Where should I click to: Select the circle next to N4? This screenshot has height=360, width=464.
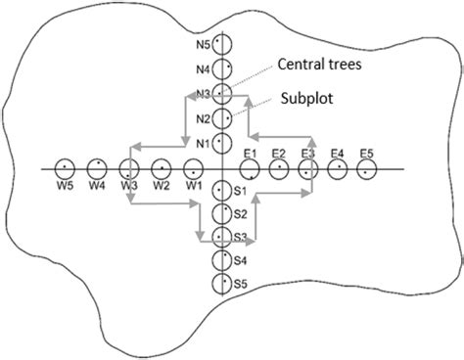click(x=222, y=69)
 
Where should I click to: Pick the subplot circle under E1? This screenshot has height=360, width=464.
click(x=249, y=170)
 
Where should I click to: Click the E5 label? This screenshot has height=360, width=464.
click(x=367, y=154)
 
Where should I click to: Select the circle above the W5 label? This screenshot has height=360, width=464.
click(x=66, y=169)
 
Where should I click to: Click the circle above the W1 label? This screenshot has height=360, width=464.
click(x=194, y=169)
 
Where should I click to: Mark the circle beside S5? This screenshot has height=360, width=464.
click(x=222, y=284)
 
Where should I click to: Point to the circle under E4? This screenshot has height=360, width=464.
click(x=338, y=170)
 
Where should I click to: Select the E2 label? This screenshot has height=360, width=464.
click(x=279, y=154)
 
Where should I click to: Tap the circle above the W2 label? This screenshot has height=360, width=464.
click(x=162, y=169)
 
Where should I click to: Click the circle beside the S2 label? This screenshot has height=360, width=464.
click(x=222, y=214)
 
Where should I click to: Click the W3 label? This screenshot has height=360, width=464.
click(x=129, y=186)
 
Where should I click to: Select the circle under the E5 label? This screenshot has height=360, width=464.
click(x=367, y=170)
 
